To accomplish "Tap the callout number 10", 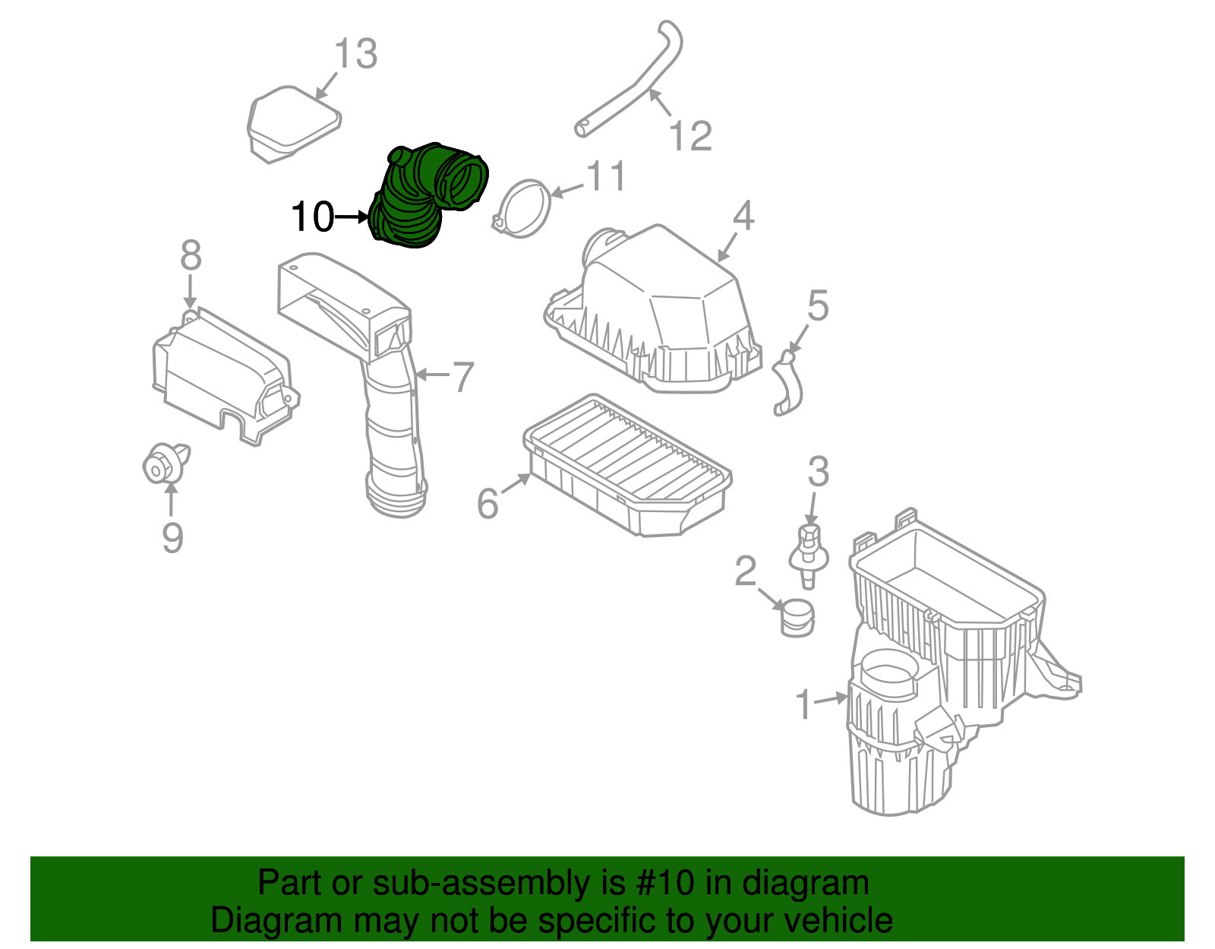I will (x=312, y=217).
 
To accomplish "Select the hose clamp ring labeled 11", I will (x=523, y=209).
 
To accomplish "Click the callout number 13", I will (x=355, y=54).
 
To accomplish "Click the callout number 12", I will (x=690, y=137).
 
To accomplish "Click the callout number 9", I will (x=172, y=538).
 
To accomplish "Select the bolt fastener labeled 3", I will (x=809, y=551).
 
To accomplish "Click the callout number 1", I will (x=804, y=704).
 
